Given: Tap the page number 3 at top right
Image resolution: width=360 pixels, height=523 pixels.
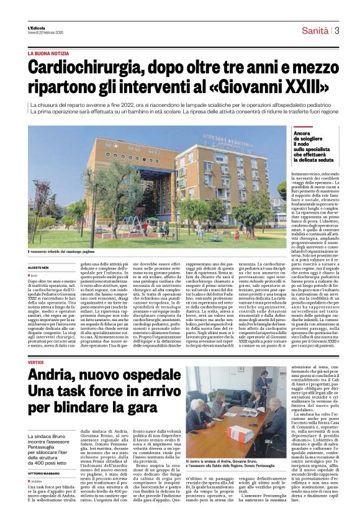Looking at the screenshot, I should tap(336, 30).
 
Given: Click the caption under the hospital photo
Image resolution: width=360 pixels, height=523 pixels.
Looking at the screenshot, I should tap(68, 252).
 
